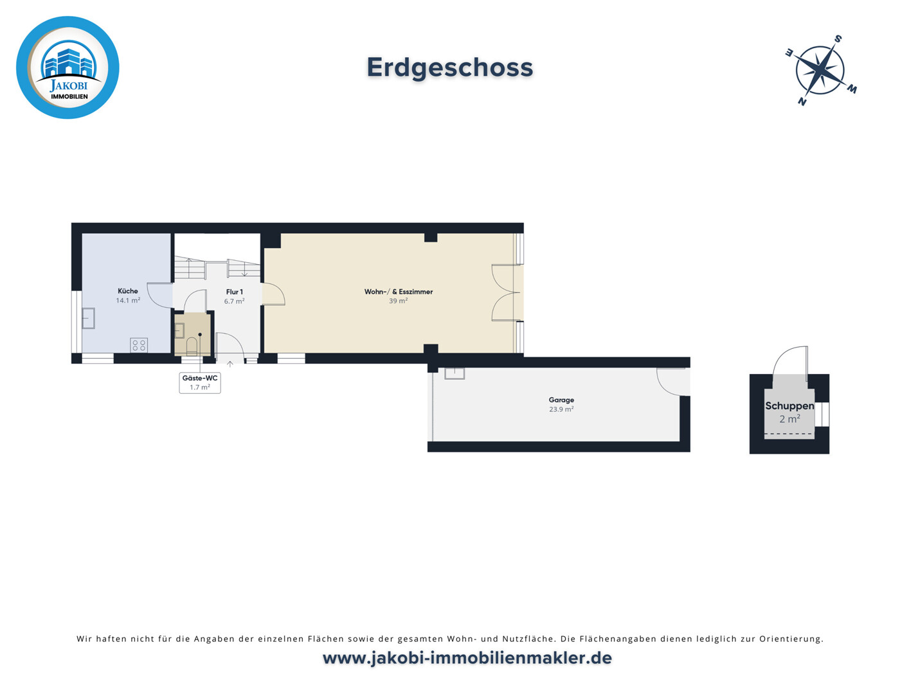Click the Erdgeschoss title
pos(449,67)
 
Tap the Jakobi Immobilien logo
pos(67,67)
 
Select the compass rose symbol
pos(820,70)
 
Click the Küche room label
pos(127,291)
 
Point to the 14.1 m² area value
pos(127,301)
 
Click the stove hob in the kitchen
pos(139,345)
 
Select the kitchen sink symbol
pos(88,318)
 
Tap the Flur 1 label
pos(234,292)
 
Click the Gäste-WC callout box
pos(200,383)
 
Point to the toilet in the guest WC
pos(192,347)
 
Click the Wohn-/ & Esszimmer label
pos(398,292)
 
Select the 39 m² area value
pos(398,301)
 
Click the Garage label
pos(561,400)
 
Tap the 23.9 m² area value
pos(561,409)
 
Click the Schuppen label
pos(789,406)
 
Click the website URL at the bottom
pos(467,658)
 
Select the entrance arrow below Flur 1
pos(230,364)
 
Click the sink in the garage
pos(455,373)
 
